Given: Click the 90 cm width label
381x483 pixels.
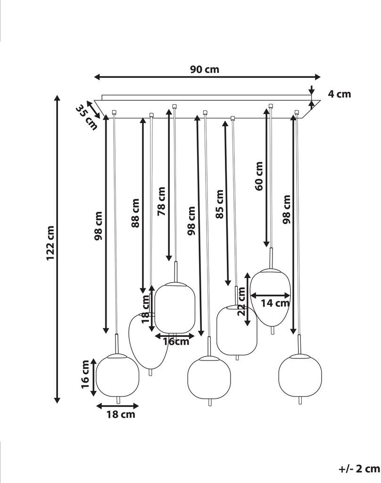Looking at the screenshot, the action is pos(204,69).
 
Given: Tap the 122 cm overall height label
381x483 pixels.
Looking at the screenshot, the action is pos(50,243).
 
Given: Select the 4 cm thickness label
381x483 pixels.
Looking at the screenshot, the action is pos(339,94).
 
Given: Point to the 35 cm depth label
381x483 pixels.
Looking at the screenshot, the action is pos(86,117).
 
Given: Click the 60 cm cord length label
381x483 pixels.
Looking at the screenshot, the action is pos(259,176).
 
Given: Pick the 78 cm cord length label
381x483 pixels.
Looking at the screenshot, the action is pos(161,201).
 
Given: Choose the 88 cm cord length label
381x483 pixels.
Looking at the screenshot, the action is pos(135,213).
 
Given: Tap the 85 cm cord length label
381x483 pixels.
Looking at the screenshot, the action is pos(219,204).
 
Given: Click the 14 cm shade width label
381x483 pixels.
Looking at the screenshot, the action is pos(275,303).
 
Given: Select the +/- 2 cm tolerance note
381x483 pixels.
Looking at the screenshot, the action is pos(359,469).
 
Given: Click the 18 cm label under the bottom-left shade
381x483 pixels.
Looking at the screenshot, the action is pos(121,414).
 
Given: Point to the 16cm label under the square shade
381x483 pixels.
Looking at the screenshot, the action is pos(176,341).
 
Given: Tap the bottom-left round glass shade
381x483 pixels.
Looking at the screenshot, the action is pos(117,375).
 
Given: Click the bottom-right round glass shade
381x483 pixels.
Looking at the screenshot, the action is pos(300,376).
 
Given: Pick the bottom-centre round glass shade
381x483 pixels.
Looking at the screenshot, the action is pos(209,378).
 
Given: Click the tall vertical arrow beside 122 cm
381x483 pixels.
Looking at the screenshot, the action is pos(57,249).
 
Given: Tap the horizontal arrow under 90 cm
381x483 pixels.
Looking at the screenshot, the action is pos(207,77).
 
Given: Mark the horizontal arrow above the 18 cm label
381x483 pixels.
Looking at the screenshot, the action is pos(118,406).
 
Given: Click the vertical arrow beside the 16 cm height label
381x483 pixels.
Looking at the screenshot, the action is pos(94,377).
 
